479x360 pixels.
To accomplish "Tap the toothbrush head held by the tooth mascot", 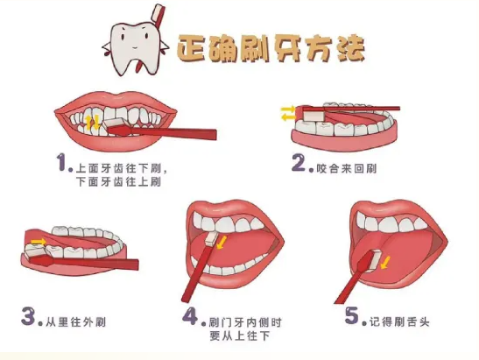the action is (158, 11).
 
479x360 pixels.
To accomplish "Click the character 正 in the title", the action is (192, 48).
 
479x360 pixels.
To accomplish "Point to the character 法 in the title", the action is (351, 48).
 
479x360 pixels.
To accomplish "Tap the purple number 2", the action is (299, 163).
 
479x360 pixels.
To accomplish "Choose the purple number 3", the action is (28, 316).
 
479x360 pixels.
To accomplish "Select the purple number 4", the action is (190, 316).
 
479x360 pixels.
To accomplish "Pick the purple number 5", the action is (352, 315).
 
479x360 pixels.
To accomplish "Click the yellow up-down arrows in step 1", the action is (92, 123).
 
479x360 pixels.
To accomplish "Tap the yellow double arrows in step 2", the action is (288, 113).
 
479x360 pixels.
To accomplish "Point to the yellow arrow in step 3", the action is (39, 242).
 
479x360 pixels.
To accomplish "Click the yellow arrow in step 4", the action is (222, 242).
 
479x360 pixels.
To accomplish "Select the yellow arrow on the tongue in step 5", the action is (385, 263).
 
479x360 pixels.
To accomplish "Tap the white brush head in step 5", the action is (375, 260).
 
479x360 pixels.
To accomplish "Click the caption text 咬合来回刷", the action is (347, 168).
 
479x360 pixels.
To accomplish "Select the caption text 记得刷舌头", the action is (399, 321).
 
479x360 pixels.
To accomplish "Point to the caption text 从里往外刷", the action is (76, 322).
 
